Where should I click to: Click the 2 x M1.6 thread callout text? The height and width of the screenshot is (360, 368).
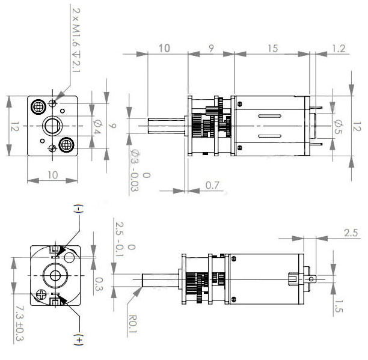[x=76, y=40]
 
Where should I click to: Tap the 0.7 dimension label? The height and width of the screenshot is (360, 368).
[x=212, y=185]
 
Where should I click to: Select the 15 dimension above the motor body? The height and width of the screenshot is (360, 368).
[x=273, y=49]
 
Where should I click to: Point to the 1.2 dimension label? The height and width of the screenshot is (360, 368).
[x=339, y=49]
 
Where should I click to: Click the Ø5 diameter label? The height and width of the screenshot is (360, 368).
[x=337, y=127]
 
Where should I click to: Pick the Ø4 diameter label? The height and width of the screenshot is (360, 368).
[x=97, y=127]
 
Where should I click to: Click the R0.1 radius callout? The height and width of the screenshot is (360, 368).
[x=133, y=324]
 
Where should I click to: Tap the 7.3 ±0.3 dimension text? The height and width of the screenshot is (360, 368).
[x=19, y=323]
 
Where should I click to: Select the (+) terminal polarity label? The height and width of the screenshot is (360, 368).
[x=78, y=340]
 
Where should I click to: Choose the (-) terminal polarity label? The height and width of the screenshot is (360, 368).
[x=78, y=209]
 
